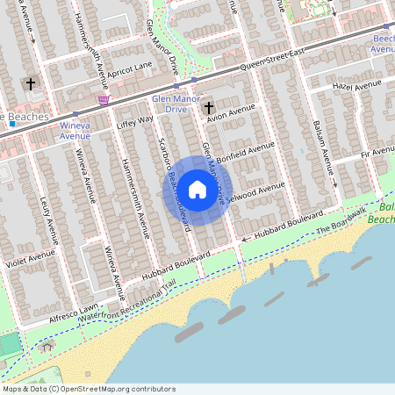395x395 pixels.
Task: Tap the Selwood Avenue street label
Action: point(255,194)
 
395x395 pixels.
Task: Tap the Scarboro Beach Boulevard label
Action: point(173,184)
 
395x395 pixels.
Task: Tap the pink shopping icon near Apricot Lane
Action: point(104,101)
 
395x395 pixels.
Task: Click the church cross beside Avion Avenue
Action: point(209,108)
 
